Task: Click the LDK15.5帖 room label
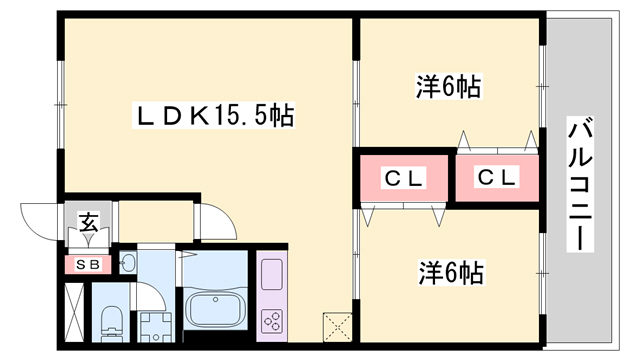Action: point(214,117)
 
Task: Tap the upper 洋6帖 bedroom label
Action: point(449,88)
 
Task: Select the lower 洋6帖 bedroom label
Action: point(451,271)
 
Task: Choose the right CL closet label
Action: point(496,179)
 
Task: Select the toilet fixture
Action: point(111,322)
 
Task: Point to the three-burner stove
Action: point(272,321)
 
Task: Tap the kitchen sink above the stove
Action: point(272,274)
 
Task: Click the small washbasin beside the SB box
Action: point(127,263)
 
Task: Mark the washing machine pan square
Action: point(155,326)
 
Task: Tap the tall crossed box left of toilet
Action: point(75,313)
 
